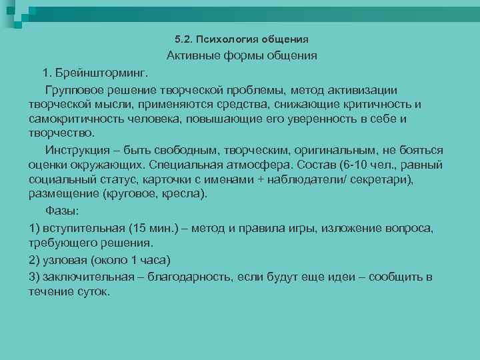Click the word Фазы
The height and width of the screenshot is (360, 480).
[62, 211]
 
